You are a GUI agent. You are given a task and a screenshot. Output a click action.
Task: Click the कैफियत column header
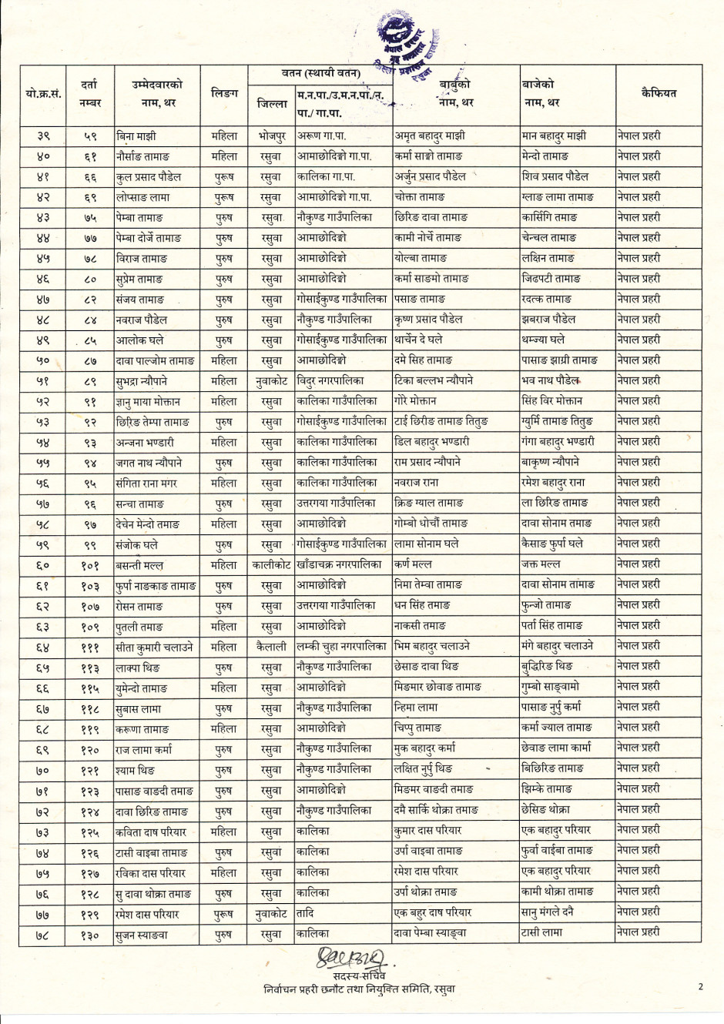[x=658, y=93]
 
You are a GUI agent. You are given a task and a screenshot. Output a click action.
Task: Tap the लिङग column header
[x=224, y=93]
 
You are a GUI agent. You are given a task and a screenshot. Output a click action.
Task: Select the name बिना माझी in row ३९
[x=136, y=136]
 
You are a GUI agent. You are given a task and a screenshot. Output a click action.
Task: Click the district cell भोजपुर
[x=271, y=136]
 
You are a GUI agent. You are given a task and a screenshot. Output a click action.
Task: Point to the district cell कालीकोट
[x=271, y=565]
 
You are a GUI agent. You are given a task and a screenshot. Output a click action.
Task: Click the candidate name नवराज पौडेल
[x=142, y=320]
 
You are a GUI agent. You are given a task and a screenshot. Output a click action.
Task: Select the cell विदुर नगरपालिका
[x=331, y=380]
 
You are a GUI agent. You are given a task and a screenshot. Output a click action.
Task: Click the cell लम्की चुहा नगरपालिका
[x=342, y=647]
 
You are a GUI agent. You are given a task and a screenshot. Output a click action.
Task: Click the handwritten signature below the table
[x=350, y=959]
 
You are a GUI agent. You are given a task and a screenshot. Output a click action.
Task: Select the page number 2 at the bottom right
[x=701, y=986]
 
